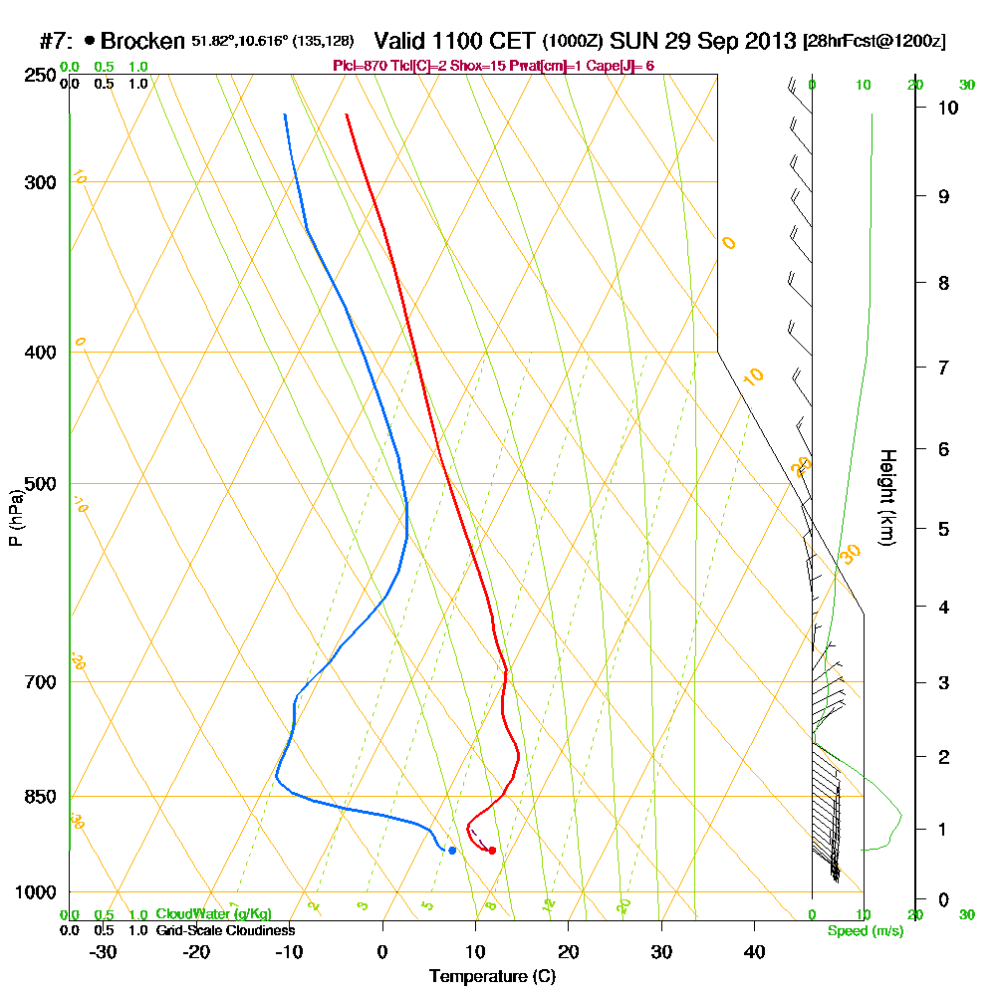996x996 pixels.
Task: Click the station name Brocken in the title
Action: tap(142, 41)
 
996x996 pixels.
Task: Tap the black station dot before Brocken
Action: tap(91, 41)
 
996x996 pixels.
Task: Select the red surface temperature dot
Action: tap(492, 850)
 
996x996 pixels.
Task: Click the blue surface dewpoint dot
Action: tap(452, 850)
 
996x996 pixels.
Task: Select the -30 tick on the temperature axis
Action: tap(103, 952)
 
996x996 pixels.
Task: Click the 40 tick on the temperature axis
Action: tap(755, 952)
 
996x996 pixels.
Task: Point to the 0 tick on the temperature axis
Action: tap(382, 952)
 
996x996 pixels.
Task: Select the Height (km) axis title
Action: tap(886, 496)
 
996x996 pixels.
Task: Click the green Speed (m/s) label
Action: tap(866, 931)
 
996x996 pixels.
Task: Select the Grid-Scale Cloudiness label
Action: tap(225, 930)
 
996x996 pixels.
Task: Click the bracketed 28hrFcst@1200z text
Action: tap(873, 42)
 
